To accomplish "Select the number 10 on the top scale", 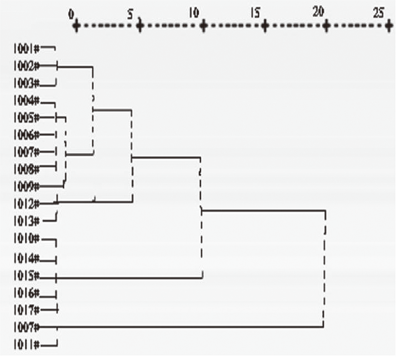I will (194, 13).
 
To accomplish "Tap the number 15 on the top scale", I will (255, 13).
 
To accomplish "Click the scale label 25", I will (379, 13).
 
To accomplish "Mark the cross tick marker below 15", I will (265, 26).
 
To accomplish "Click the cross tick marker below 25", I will (389, 26).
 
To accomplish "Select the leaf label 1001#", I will (27, 49).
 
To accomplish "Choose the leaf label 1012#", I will (27, 204).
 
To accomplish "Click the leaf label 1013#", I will (27, 221).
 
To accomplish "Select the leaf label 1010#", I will (27, 239).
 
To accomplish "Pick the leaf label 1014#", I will (27, 259).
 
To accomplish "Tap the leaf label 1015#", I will (27, 276).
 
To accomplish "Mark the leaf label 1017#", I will (27, 310).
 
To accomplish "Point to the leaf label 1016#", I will (27, 293).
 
